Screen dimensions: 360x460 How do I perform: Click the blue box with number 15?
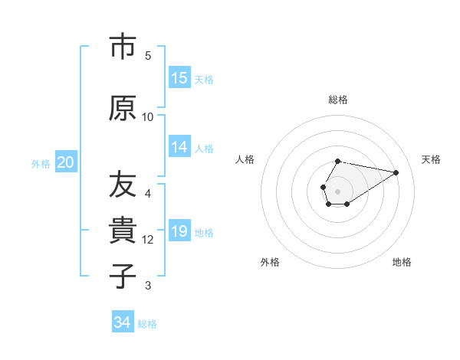tap(179, 78)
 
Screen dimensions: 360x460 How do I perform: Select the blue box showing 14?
tap(179, 147)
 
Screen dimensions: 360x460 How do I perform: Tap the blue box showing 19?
tap(179, 231)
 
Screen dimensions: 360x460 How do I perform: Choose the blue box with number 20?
tap(66, 162)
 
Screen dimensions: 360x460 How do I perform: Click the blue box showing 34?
tap(123, 322)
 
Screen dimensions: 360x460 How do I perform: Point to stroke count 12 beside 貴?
tap(148, 240)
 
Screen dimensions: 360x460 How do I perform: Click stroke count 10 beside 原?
tap(148, 117)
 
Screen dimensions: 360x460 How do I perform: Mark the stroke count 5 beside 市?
tap(148, 56)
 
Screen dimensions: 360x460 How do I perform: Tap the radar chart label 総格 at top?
tap(337, 100)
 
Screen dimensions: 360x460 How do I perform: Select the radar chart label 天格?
tap(431, 159)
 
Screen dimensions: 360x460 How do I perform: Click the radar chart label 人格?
tap(245, 159)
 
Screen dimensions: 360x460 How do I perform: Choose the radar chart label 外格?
tap(270, 262)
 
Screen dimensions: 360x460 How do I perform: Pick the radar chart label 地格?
tap(402, 262)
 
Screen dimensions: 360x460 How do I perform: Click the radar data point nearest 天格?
tap(396, 172)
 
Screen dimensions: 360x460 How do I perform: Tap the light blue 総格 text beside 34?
tap(147, 324)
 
